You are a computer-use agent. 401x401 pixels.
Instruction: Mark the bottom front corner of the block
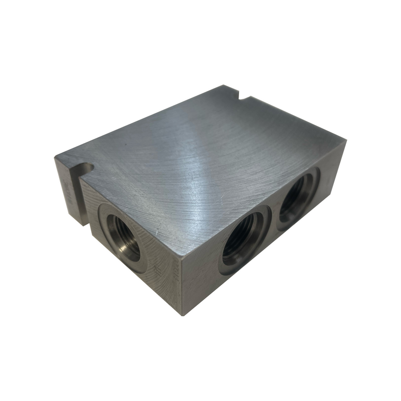[182, 315]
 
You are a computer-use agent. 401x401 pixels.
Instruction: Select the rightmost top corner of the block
[345, 142]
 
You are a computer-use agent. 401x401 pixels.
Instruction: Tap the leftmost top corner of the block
[55, 157]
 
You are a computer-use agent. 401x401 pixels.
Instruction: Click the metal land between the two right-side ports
[273, 221]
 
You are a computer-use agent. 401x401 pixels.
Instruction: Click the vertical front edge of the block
[181, 286]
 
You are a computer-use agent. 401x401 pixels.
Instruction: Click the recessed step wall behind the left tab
[85, 206]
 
